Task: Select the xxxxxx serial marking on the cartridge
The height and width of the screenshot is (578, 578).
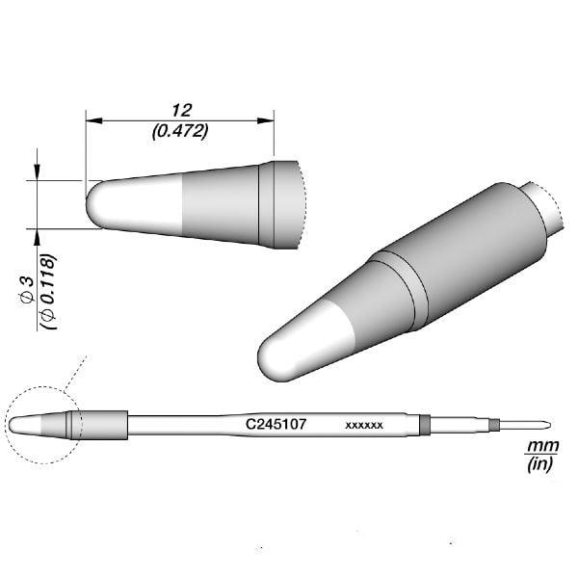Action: point(365,424)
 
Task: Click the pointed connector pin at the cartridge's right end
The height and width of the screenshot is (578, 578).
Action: point(525,422)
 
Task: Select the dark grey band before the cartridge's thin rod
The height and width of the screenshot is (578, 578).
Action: point(425,423)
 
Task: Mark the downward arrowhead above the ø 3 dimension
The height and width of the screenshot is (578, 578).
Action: point(38,172)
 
